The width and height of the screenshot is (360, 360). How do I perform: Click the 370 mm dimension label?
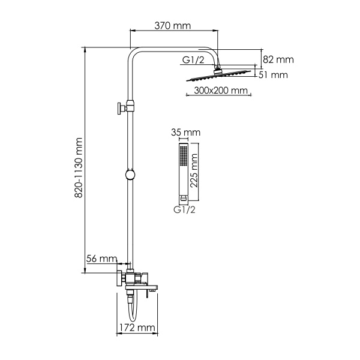pyautogui.click(x=174, y=26)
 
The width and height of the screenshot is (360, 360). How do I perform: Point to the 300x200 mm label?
pyautogui.click(x=221, y=91)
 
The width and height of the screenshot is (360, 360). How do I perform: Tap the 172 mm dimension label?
pyautogui.click(x=136, y=328)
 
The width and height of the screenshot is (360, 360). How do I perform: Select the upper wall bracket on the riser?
pyautogui.click(x=127, y=107)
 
